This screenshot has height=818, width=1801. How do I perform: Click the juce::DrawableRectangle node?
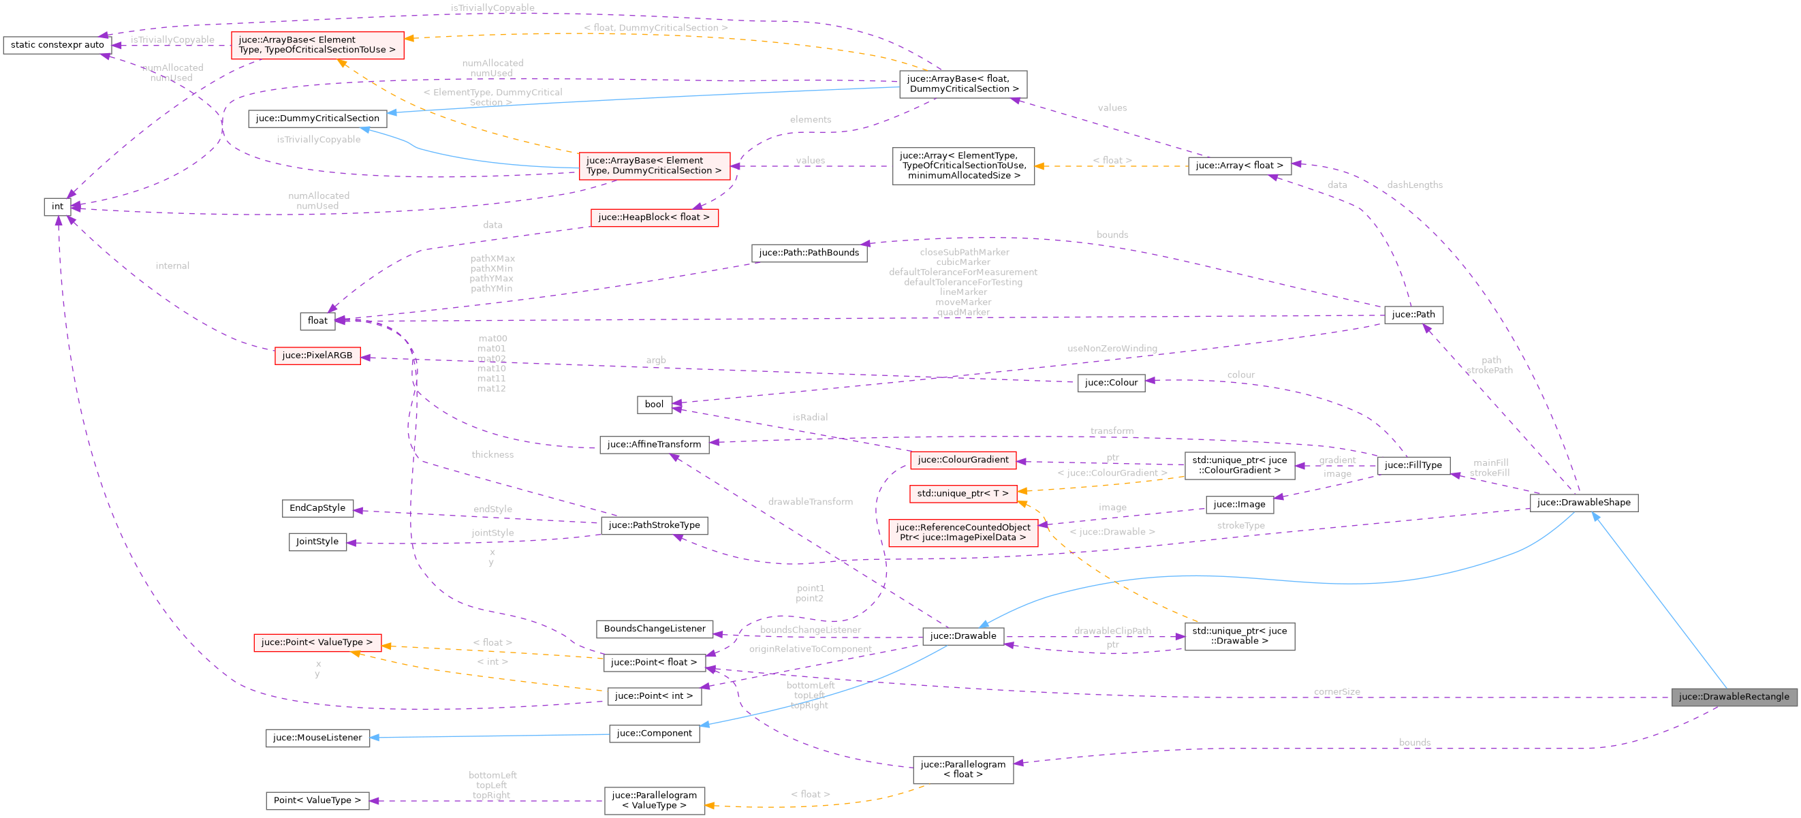[1733, 696]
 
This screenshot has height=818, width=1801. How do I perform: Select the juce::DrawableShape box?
[1584, 502]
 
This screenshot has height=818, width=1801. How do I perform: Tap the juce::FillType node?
[1413, 465]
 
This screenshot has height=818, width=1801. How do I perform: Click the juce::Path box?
[1413, 315]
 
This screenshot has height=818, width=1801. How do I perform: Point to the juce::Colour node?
[1111, 382]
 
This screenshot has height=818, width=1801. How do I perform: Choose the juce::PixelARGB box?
[317, 355]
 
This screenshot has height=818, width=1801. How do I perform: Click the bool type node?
[654, 404]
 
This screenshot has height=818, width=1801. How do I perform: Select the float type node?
[317, 320]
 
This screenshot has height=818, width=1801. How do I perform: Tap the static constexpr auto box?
[57, 45]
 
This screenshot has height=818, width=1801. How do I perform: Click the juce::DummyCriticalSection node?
[317, 118]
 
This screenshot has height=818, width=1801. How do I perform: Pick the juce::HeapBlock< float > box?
[654, 217]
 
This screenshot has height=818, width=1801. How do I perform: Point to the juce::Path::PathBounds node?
[809, 253]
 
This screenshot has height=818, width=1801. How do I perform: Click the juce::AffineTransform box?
[654, 444]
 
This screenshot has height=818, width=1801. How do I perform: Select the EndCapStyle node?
[317, 507]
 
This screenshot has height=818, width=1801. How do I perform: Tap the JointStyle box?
[317, 541]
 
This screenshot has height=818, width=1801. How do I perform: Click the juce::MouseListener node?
[317, 738]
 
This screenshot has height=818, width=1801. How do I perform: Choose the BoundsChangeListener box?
[655, 629]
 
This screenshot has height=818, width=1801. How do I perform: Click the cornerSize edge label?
[1336, 691]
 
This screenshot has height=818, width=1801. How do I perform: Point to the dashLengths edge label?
[1414, 185]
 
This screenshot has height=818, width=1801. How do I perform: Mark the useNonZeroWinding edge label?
[1112, 348]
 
